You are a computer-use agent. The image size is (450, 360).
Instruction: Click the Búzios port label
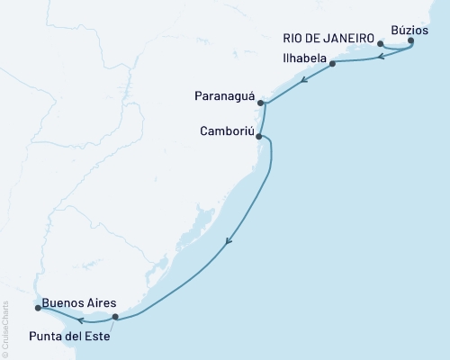click(x=424, y=30)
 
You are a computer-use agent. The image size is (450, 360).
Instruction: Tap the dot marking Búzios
click(x=411, y=40)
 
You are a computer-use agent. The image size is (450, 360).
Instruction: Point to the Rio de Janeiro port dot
click(x=381, y=43)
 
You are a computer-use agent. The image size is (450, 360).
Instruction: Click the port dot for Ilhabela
click(x=333, y=64)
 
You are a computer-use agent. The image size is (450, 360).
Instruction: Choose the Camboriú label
click(x=226, y=131)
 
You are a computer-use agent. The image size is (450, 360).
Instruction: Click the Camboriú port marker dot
click(x=259, y=137)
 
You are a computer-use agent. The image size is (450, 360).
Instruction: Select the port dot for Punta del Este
click(x=115, y=317)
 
